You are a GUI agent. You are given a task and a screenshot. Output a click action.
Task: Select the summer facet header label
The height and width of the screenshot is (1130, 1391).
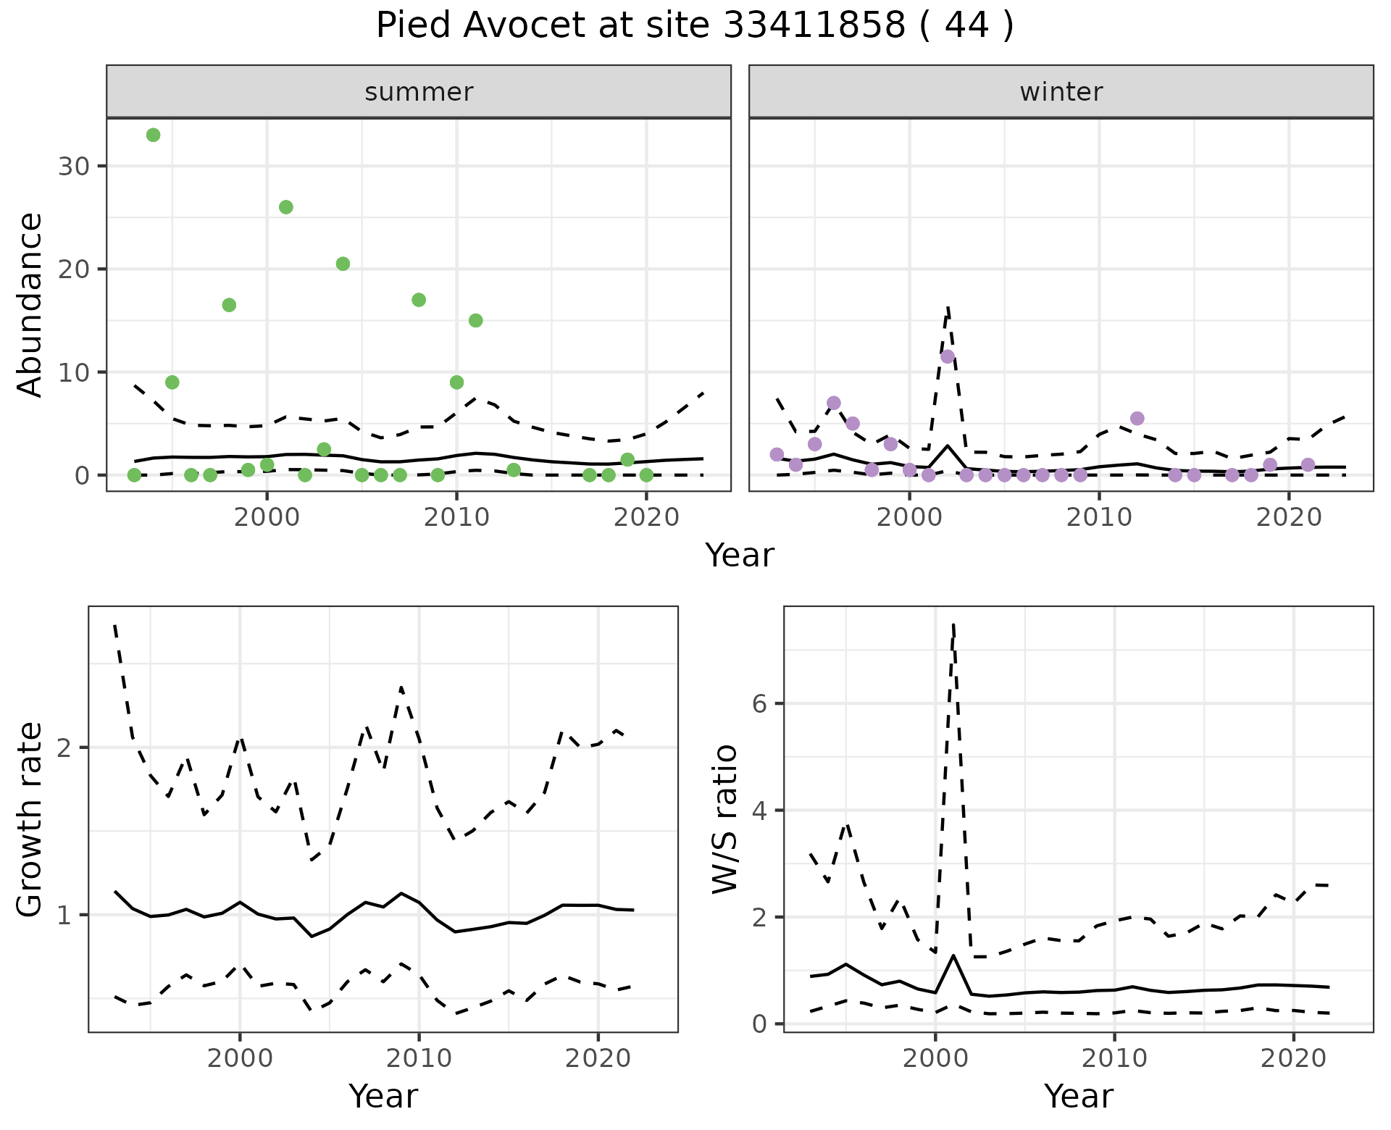(x=419, y=92)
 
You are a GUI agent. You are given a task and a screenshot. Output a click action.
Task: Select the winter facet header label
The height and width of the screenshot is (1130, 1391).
(x=1061, y=92)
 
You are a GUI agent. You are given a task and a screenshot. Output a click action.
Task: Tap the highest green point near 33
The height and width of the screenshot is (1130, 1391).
(x=153, y=135)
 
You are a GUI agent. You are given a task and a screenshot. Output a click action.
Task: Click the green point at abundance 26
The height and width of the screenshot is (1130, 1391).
(x=286, y=207)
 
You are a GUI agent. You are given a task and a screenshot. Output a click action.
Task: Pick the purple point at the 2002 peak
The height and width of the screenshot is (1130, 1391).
(x=948, y=356)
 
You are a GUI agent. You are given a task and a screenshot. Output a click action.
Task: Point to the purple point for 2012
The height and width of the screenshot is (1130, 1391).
(x=1137, y=419)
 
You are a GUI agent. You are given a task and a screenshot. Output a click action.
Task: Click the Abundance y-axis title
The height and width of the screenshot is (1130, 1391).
(x=30, y=304)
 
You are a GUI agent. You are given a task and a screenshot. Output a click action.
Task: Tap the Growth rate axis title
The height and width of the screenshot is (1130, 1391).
(x=30, y=819)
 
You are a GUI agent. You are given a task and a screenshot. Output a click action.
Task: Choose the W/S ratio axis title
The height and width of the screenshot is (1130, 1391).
(x=724, y=819)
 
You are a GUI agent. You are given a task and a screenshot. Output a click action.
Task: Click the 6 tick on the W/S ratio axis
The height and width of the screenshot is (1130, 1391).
(x=761, y=703)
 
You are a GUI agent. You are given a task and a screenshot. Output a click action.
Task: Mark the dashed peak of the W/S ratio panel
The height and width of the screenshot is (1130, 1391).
(x=953, y=624)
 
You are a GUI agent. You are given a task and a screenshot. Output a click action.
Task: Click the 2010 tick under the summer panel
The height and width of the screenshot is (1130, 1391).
(x=456, y=518)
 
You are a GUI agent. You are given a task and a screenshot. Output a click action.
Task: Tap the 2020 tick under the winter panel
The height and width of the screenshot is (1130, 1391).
(x=1289, y=518)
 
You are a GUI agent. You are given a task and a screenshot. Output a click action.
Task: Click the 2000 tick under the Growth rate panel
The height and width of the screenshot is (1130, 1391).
(x=240, y=1059)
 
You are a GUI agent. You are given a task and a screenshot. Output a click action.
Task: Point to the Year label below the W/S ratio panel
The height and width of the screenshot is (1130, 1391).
(x=1078, y=1097)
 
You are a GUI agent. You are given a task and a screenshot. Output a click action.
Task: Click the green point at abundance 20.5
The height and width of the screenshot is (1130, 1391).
(x=343, y=264)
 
